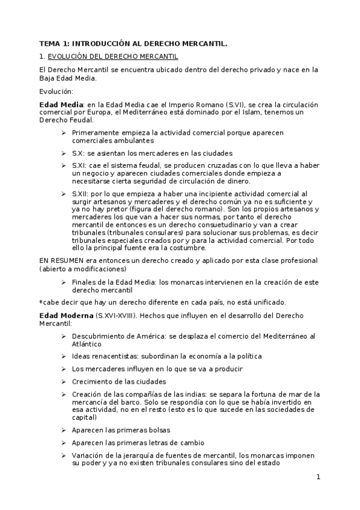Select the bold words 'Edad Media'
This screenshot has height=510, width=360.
61,105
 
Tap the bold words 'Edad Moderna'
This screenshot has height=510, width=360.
65,316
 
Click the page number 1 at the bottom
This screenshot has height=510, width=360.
319,478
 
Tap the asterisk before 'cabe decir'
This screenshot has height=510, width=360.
40,301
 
